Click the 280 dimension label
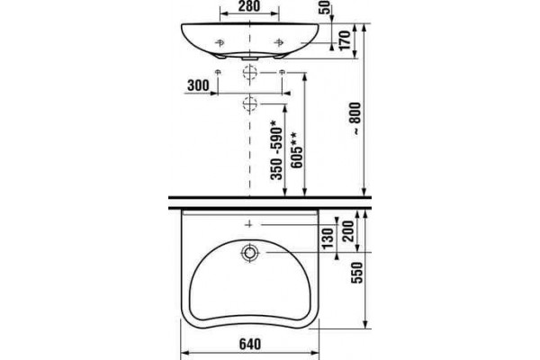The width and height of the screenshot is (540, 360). (249, 6)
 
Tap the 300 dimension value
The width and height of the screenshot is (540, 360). (198, 85)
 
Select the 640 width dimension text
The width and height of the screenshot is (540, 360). (250, 344)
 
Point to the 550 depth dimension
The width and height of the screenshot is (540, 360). (357, 273)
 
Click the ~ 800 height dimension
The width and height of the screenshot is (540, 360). (355, 118)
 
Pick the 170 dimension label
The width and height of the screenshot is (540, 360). (345, 40)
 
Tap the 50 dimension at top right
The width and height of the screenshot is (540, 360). (326, 7)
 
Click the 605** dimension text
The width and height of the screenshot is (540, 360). (296, 150)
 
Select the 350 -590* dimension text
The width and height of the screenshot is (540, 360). (276, 150)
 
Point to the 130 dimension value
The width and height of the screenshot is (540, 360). (328, 238)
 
